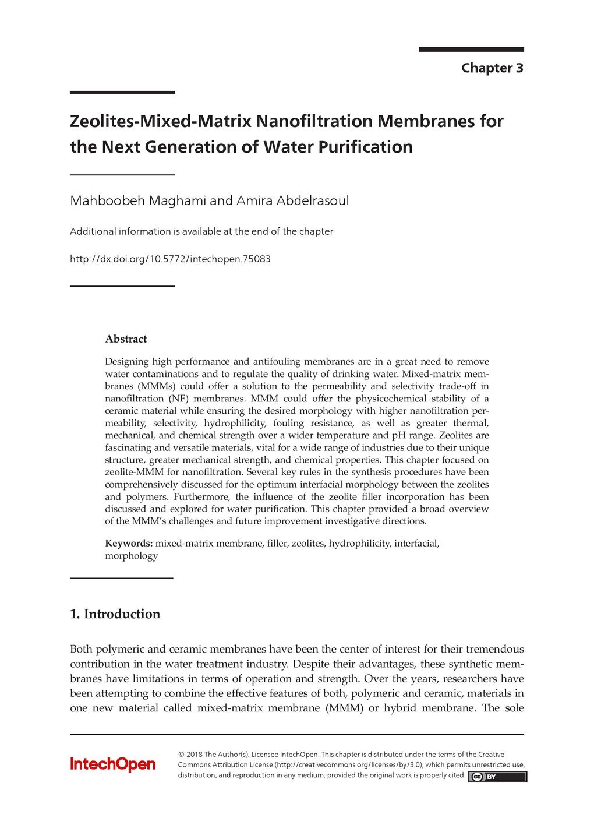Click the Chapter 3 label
(492, 68)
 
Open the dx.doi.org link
(170, 259)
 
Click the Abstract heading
(126, 339)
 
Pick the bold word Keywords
(129, 544)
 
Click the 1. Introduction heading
(115, 614)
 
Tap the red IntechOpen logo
(113, 764)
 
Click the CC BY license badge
(497, 777)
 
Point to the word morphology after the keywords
(131, 556)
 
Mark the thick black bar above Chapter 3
(471, 50)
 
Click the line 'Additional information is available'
(201, 231)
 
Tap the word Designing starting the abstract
(126, 362)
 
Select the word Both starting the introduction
(81, 649)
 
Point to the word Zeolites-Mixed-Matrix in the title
(160, 121)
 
